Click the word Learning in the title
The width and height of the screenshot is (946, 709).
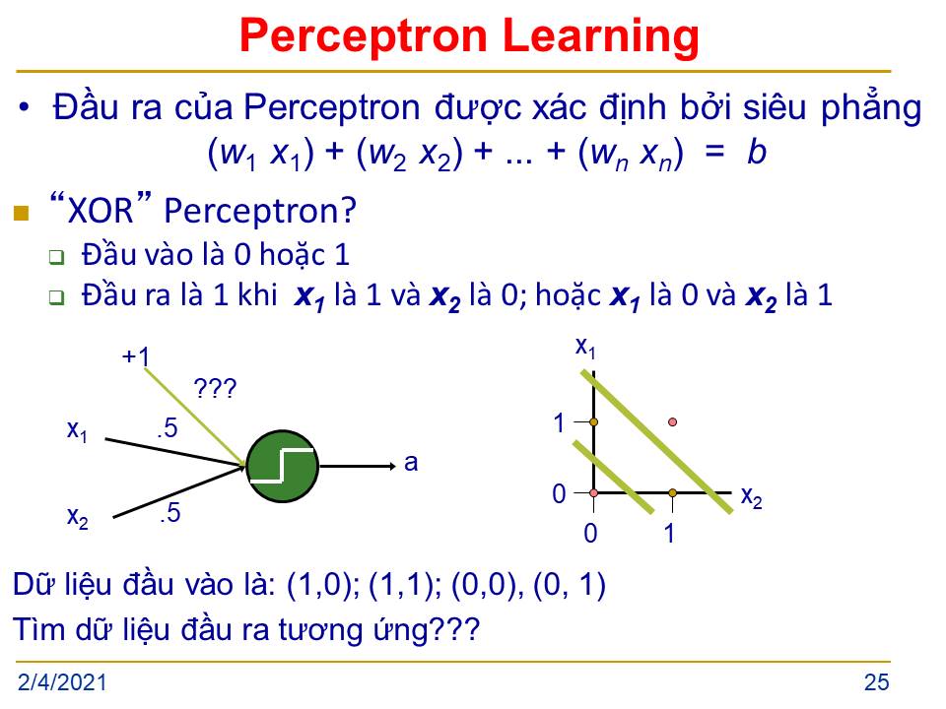[600, 37]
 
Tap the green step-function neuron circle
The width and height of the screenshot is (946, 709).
[283, 466]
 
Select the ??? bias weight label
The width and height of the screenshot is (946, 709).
[216, 388]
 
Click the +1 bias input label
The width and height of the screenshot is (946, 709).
[136, 356]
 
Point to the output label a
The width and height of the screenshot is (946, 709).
[411, 463]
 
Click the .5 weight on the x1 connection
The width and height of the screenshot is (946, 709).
[168, 428]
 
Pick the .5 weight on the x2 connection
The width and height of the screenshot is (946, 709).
[170, 513]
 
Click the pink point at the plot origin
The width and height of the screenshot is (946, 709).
[593, 492]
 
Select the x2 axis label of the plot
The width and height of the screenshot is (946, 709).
[751, 498]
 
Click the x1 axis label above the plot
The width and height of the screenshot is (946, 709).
[585, 348]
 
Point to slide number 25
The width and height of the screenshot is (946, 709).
[876, 681]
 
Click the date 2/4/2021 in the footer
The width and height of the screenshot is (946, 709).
[62, 682]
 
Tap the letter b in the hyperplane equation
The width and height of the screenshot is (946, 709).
[757, 152]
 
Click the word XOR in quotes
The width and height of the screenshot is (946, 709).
[101, 211]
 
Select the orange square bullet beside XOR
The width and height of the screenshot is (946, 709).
[21, 213]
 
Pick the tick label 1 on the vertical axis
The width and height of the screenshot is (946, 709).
[560, 422]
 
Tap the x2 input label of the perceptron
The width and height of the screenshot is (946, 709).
[78, 517]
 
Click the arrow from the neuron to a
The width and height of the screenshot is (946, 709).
[357, 466]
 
